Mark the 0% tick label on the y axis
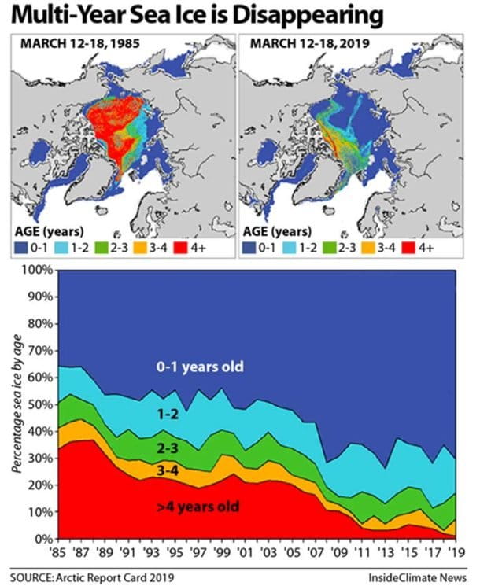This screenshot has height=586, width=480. click(x=42, y=539)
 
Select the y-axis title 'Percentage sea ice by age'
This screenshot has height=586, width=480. click(x=17, y=404)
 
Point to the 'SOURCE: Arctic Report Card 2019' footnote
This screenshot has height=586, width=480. click(x=102, y=574)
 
